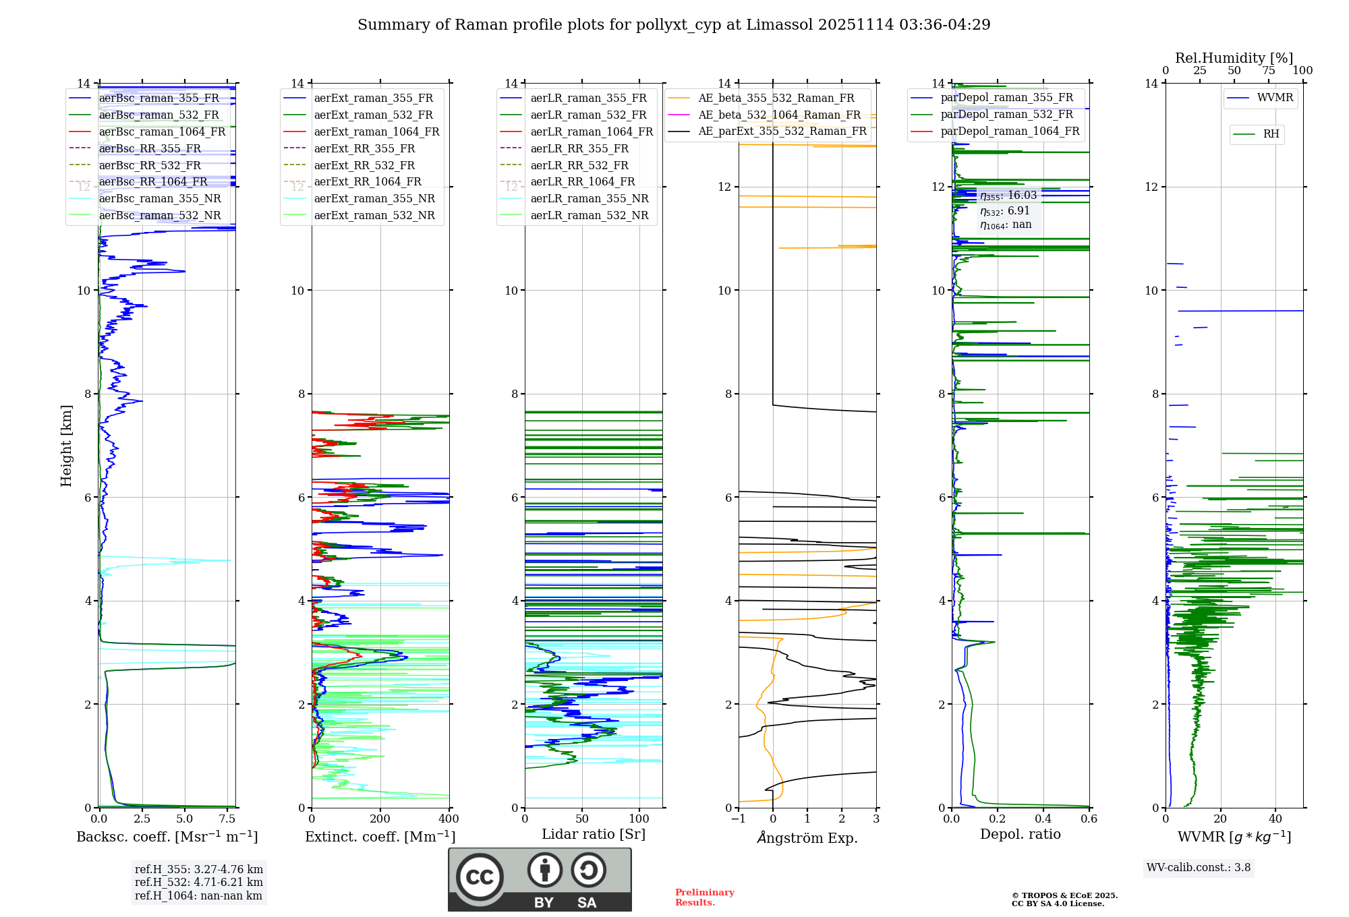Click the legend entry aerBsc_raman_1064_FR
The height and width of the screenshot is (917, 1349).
(x=162, y=131)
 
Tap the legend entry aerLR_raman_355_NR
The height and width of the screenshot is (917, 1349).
(x=589, y=198)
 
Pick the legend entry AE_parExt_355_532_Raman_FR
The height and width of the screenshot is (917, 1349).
(x=782, y=131)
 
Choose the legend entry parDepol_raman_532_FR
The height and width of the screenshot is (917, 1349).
(x=1006, y=114)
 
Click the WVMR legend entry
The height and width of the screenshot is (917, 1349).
(x=1275, y=98)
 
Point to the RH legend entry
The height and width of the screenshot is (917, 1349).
(x=1271, y=134)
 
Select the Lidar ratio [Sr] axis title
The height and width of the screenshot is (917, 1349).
(x=594, y=834)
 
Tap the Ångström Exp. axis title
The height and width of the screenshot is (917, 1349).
(x=807, y=838)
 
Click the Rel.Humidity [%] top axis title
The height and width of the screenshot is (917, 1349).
(x=1234, y=58)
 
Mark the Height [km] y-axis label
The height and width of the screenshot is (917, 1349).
(x=66, y=446)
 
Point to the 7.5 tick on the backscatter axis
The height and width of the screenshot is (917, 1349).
(x=227, y=819)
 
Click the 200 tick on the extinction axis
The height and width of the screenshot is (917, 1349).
(x=380, y=819)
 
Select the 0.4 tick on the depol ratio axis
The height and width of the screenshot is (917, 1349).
(x=1043, y=819)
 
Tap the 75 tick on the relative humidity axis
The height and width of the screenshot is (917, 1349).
(x=1268, y=71)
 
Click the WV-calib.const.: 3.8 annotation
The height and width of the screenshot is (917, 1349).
(x=1199, y=868)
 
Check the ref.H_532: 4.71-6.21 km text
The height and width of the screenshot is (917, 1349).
(x=198, y=882)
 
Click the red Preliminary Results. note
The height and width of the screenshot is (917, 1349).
(x=704, y=897)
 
